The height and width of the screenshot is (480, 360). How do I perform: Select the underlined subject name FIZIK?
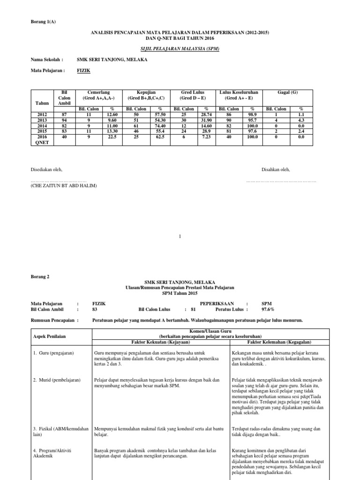point(83,70)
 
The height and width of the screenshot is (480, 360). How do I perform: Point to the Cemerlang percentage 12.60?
point(112,114)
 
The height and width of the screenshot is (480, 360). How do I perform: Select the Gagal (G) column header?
point(287,92)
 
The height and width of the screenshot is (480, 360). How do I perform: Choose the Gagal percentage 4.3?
point(301,120)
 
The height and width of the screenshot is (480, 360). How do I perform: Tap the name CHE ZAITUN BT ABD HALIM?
point(64,186)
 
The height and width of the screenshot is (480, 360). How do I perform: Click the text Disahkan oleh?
point(276,169)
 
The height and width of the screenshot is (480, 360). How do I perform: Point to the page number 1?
point(180,237)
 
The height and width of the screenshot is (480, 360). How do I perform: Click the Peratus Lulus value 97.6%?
point(269,309)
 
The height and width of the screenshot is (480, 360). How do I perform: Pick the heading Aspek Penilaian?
point(50,337)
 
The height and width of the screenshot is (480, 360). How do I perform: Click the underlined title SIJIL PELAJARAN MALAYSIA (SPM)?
point(180,48)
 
